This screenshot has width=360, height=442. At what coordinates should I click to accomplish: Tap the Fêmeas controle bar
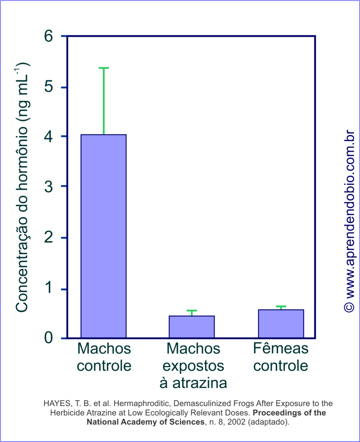281,324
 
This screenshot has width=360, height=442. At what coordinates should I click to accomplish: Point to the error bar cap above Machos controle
104,68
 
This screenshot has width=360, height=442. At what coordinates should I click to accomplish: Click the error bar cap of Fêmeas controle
281,307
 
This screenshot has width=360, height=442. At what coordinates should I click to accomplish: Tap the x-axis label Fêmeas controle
281,357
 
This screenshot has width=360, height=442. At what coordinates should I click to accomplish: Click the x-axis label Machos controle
104,357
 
